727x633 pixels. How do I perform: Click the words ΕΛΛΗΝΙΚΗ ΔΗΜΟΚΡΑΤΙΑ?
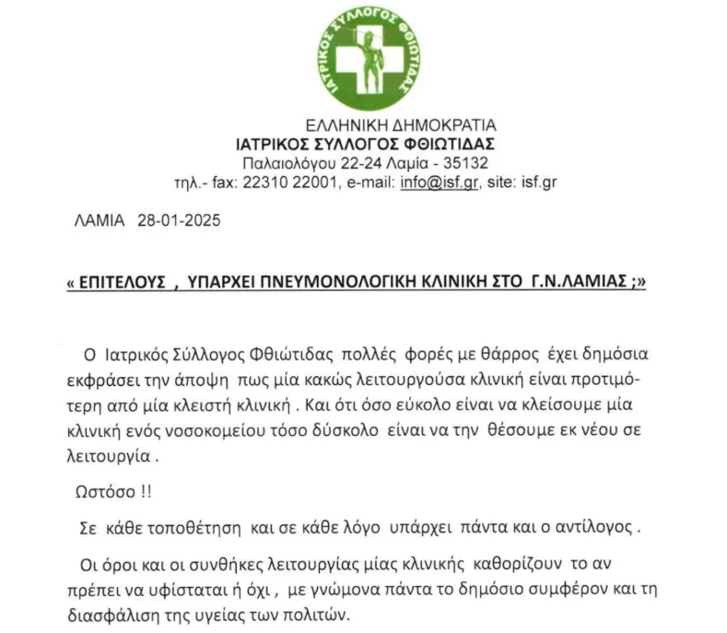tap(400, 124)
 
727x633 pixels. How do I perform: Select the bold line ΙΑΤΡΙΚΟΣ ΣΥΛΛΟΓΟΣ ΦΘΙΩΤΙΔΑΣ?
tap(366, 143)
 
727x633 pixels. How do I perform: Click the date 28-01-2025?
tap(179, 221)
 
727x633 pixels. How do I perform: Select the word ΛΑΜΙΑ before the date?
tap(98, 221)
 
